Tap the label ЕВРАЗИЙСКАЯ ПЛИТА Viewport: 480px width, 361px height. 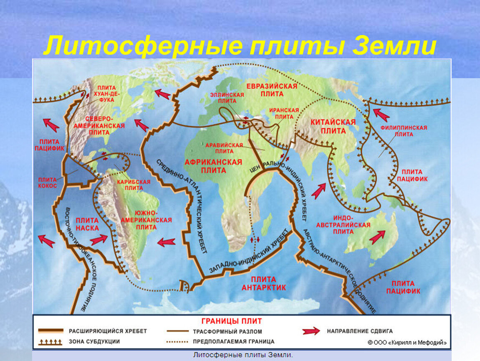(271, 90)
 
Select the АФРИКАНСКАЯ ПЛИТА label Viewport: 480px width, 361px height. (213, 166)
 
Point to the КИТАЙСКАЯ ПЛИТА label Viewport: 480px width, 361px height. (333, 126)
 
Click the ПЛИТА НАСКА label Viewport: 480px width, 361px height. (87, 224)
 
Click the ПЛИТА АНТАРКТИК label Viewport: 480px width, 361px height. (264, 283)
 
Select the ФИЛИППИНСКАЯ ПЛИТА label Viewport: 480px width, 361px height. (403, 131)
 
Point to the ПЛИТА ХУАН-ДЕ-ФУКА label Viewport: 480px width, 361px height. (107, 94)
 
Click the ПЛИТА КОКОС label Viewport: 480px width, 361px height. (48, 182)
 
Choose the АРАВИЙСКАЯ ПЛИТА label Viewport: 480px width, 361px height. (224, 147)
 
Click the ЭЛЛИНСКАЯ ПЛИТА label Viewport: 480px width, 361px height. (230, 98)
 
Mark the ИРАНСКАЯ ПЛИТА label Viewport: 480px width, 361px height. (284, 113)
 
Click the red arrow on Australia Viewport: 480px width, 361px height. (377, 237)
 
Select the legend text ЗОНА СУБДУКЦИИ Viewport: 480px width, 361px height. (94, 341)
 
